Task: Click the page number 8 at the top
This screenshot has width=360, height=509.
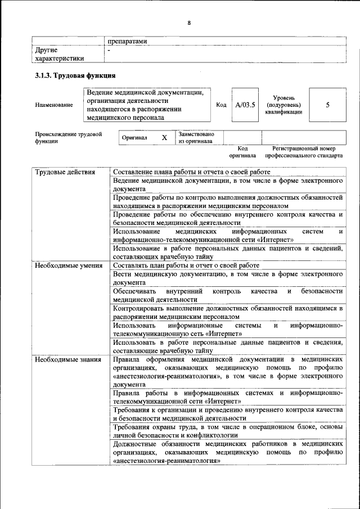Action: click(189, 22)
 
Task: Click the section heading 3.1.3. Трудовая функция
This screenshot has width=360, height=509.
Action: click(75, 76)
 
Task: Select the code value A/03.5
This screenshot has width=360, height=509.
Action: click(245, 105)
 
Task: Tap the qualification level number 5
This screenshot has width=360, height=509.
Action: click(327, 105)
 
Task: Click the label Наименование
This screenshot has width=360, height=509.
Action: click(54, 105)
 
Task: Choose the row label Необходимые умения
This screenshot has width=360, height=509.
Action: click(68, 265)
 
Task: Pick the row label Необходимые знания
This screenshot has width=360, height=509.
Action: click(67, 359)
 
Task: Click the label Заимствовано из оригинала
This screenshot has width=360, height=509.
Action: click(196, 138)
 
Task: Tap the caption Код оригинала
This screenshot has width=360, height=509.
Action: click(242, 151)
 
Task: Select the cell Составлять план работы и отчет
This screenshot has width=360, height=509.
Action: click(186, 265)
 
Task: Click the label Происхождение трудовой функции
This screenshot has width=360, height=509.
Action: click(69, 138)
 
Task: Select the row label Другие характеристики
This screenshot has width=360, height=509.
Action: click(60, 54)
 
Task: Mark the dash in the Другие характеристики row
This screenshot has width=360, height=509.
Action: click(109, 50)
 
